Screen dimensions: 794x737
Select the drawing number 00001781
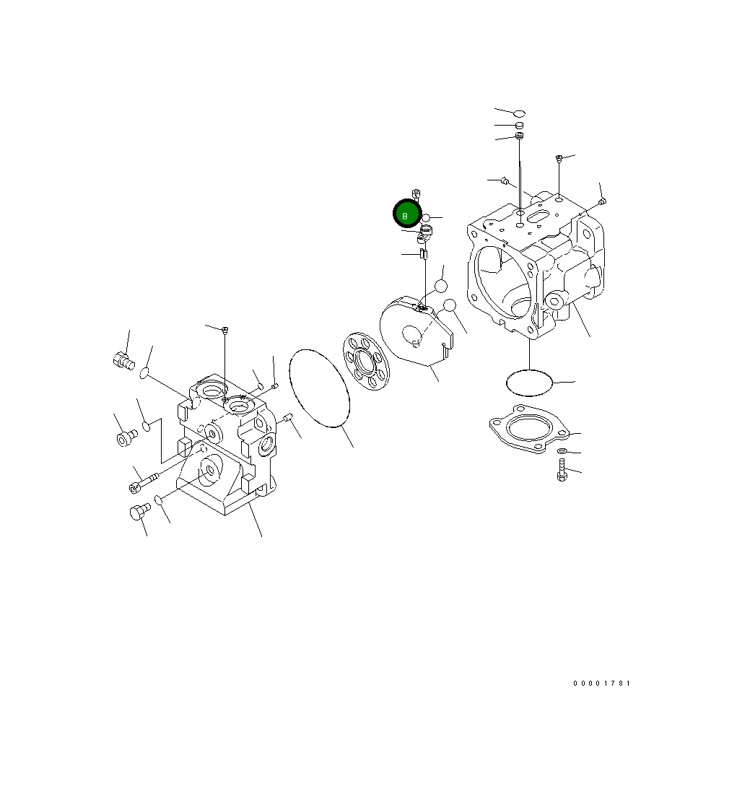pos(601,683)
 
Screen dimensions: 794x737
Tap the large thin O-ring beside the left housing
pos(319,388)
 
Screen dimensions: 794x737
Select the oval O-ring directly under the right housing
pos(529,382)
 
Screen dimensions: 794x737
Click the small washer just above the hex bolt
pos(562,451)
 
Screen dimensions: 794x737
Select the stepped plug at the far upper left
pos(123,359)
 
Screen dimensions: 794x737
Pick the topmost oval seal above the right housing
pos(519,113)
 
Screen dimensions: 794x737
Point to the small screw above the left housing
pos(225,330)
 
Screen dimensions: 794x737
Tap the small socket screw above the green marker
pos(417,193)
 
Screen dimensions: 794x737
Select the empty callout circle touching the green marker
pos(426,218)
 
